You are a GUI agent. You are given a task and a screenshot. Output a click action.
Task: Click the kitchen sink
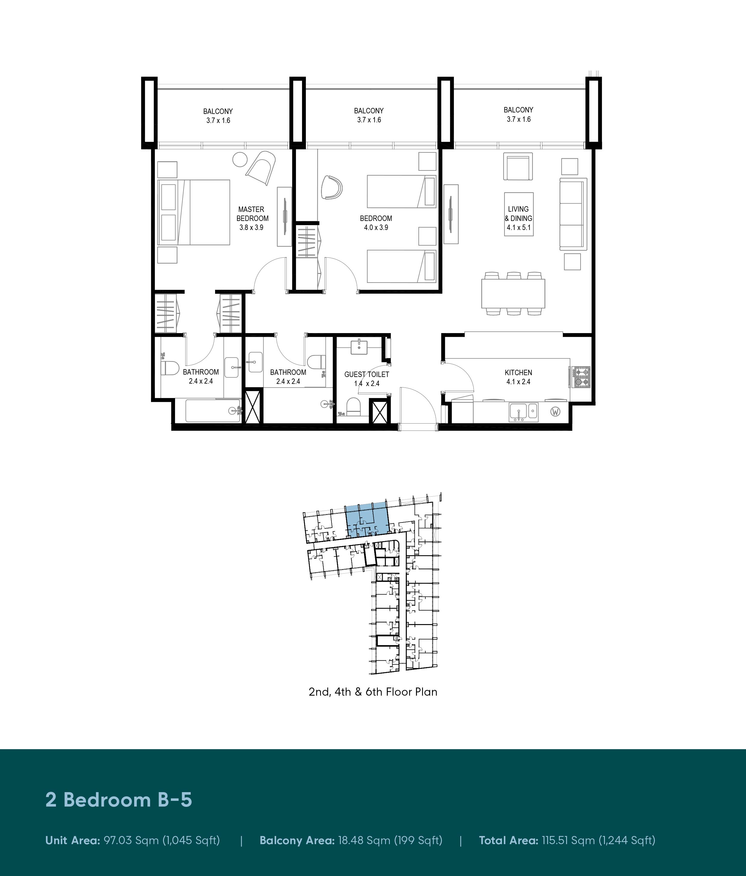pos(523,412)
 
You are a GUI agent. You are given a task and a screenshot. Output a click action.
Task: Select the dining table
pos(513,294)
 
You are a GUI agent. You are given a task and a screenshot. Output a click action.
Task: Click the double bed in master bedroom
pos(194,212)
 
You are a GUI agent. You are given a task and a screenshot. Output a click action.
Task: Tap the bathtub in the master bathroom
pos(214,411)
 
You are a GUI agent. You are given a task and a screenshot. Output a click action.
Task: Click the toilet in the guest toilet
pos(353,406)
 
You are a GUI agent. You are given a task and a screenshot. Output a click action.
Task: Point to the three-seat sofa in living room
pos(573,214)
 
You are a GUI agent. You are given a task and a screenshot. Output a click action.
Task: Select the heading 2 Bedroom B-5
pos(119,800)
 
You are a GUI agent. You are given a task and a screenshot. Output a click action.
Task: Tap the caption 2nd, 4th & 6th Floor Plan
pos(373,692)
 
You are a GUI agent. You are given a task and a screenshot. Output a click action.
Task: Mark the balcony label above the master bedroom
pos(218,116)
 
